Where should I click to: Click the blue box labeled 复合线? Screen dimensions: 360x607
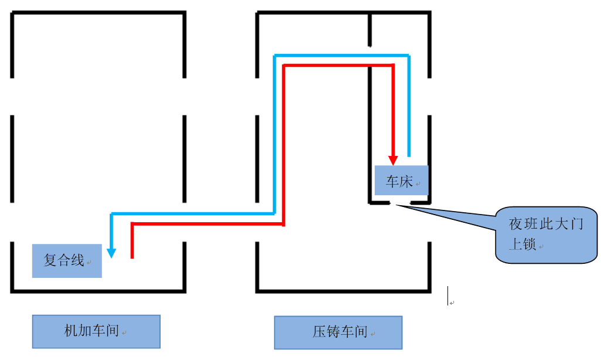click(x=67, y=261)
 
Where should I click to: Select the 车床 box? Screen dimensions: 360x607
click(x=402, y=181)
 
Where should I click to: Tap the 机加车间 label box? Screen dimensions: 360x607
click(x=96, y=331)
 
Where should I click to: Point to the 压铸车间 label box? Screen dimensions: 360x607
click(x=338, y=332)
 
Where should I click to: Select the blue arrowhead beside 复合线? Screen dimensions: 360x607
click(x=111, y=253)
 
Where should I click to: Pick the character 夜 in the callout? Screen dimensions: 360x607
click(x=516, y=225)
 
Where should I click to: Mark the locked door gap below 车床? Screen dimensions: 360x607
click(x=400, y=203)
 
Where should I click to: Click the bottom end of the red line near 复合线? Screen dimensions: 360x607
click(x=133, y=257)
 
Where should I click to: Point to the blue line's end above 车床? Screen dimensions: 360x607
click(x=409, y=155)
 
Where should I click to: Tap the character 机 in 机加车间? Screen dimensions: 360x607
click(x=70, y=331)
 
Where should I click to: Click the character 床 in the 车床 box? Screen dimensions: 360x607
click(x=406, y=182)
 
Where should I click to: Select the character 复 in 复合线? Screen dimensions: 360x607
click(x=50, y=260)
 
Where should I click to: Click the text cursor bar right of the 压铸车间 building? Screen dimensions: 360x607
click(x=448, y=296)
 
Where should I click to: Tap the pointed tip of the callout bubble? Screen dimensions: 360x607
click(x=398, y=205)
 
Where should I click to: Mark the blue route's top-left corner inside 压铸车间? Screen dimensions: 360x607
click(x=275, y=56)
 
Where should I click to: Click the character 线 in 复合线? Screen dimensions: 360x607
click(x=78, y=260)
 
